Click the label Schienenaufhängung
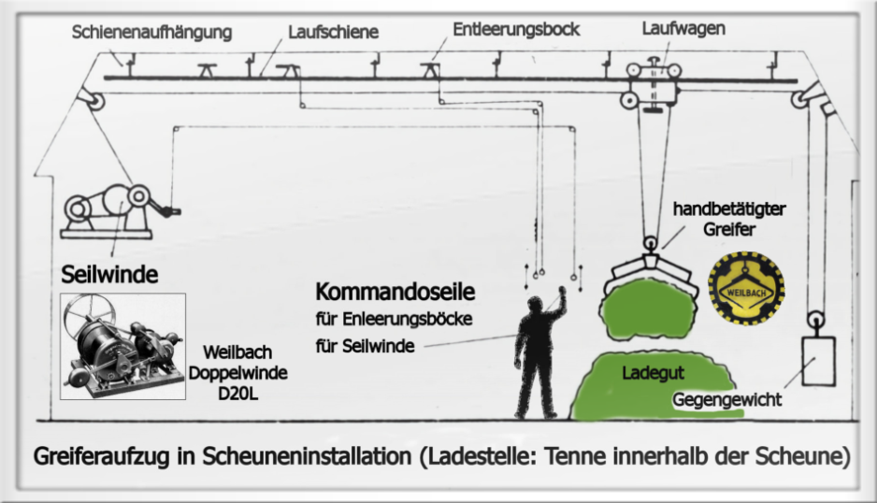[151, 33]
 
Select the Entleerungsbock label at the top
[516, 30]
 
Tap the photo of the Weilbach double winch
[122, 346]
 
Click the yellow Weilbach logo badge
[745, 289]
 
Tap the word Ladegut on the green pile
[649, 372]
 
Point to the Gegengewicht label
[726, 400]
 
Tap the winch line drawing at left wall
[108, 208]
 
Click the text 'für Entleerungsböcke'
[394, 320]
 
